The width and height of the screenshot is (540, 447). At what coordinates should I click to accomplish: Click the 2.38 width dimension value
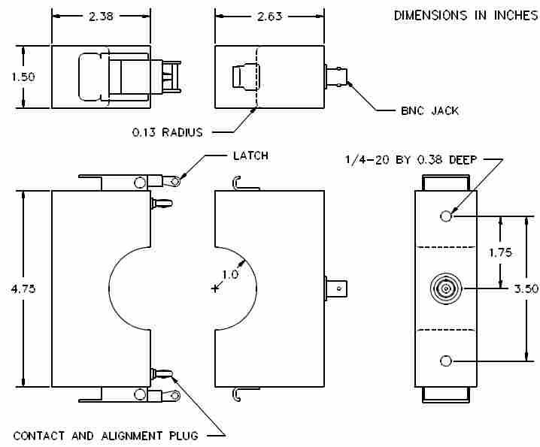pyautogui.click(x=101, y=17)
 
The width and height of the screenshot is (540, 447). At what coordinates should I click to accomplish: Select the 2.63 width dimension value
pyautogui.click(x=270, y=17)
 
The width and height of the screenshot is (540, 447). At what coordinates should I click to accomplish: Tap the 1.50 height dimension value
pyautogui.click(x=23, y=77)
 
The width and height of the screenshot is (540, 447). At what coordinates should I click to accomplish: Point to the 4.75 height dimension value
pyautogui.click(x=23, y=288)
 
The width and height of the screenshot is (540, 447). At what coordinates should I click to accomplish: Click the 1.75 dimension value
pyautogui.click(x=500, y=252)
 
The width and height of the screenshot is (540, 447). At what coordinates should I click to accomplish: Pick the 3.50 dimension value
pyautogui.click(x=526, y=288)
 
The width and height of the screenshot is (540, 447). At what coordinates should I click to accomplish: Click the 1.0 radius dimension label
pyautogui.click(x=230, y=275)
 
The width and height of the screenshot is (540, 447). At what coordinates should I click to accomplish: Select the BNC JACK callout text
pyautogui.click(x=429, y=110)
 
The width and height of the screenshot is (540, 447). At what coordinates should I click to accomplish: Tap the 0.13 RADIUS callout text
pyautogui.click(x=168, y=132)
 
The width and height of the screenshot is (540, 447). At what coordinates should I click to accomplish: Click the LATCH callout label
pyautogui.click(x=250, y=156)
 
